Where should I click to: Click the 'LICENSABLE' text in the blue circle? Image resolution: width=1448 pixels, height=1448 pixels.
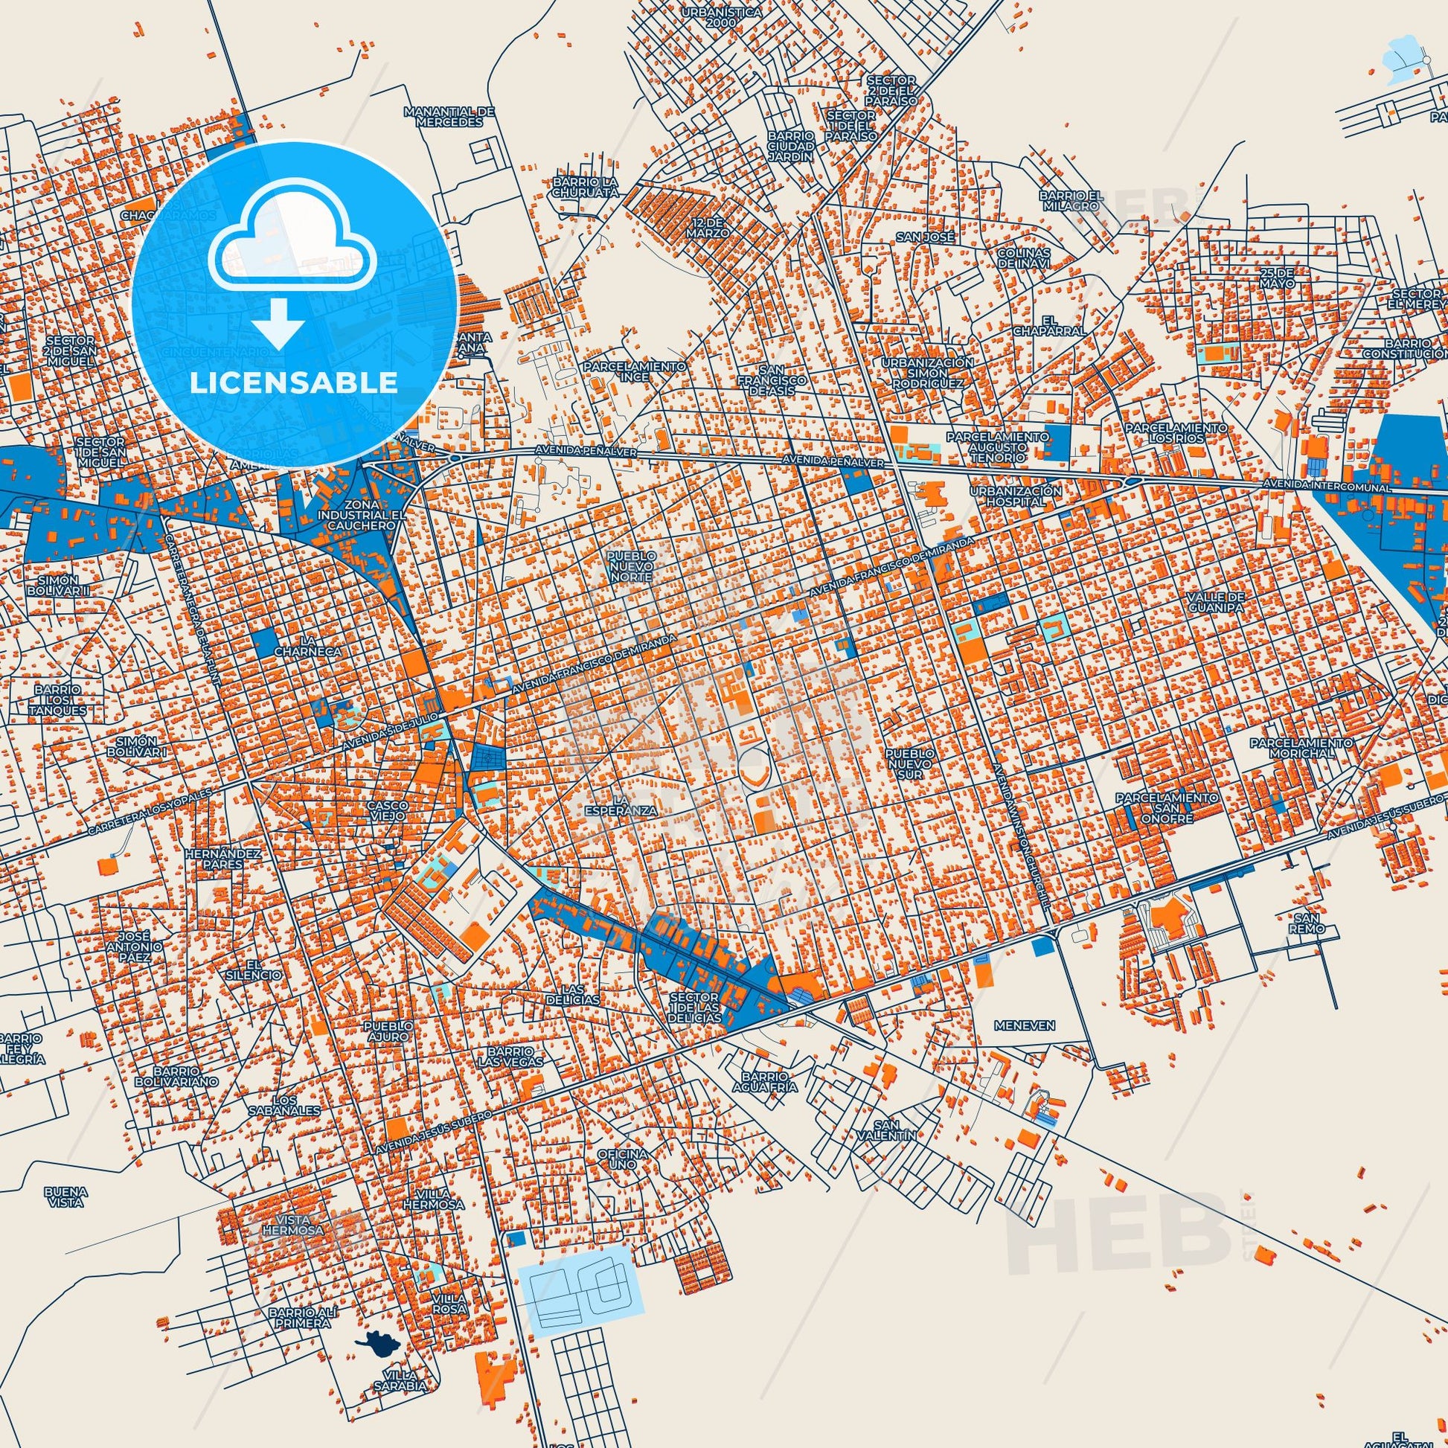[293, 383]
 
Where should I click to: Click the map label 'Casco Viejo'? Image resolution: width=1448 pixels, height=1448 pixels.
[386, 810]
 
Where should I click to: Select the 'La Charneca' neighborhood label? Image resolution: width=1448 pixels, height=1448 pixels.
[298, 646]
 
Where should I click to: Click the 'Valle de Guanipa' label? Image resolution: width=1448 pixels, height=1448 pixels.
[1215, 602]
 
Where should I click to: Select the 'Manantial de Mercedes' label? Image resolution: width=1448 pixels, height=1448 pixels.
[449, 116]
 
